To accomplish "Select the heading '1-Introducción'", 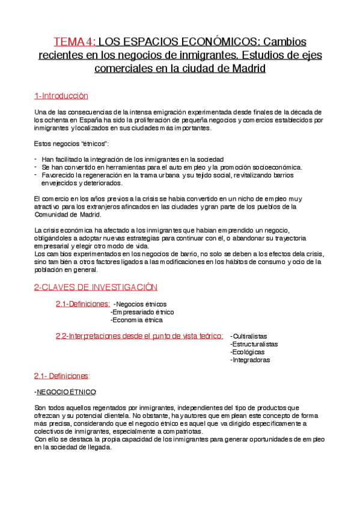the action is tap(61, 96).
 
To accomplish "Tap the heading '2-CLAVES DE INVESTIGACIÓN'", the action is tap(95, 287).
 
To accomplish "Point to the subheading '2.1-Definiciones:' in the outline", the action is tap(83, 304).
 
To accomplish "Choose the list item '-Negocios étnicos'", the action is tap(140, 304).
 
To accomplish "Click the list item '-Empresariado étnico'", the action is tap(142, 312).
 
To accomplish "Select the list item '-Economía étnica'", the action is tap(136, 320).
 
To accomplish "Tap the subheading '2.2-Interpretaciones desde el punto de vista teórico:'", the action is tap(140, 336).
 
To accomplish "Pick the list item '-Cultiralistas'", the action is tap(248, 336).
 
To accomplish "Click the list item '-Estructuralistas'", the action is tap(254, 344).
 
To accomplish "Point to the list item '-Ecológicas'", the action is tap(246, 352).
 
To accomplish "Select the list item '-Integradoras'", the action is tap(250, 360).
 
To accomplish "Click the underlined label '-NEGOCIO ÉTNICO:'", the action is tap(66, 392).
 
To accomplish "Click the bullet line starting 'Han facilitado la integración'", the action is tap(133, 159).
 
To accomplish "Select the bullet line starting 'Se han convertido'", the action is tap(172, 167).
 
